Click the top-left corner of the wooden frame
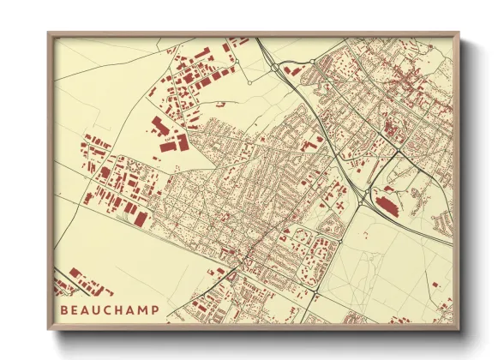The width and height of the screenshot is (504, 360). tap(48, 33)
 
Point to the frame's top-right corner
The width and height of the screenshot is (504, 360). tap(459, 33)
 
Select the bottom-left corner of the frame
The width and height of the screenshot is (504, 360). tap(48, 330)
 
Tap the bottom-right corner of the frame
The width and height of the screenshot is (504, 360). tap(459, 330)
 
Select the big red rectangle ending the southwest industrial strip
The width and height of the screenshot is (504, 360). tap(140, 219)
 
